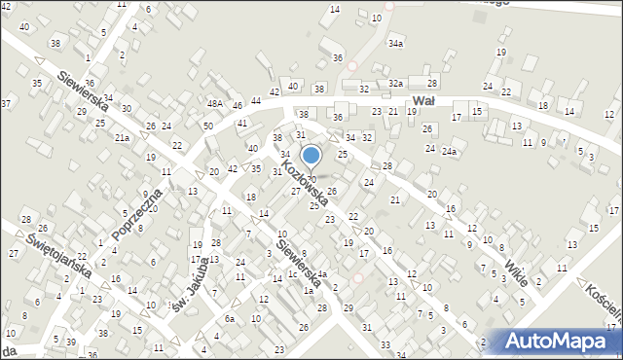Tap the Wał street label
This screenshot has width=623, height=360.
point(422,100)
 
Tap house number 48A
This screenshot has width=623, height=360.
point(215,103)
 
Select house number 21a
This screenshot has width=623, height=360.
point(122,138)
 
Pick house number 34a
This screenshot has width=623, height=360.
point(394,44)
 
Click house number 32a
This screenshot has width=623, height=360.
point(395,84)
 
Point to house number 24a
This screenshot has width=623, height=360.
point(448,152)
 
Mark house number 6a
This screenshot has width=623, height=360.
point(230,319)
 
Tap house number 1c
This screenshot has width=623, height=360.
point(292,273)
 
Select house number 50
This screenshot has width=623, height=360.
point(208,126)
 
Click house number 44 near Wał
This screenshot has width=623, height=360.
point(256,101)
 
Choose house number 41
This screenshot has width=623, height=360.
point(241,124)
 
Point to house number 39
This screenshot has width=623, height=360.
point(70,342)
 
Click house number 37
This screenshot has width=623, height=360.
point(6,103)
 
